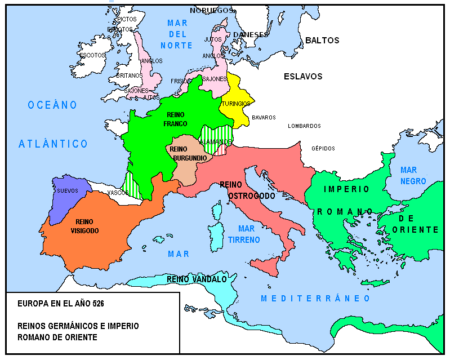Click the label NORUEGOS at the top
tap(211, 10)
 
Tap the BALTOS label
tap(322, 41)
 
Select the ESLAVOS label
tap(303, 76)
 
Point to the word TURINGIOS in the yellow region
tap(235, 104)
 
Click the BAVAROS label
tap(264, 117)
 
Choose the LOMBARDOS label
tap(304, 126)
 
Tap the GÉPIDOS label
tap(323, 148)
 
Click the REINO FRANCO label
tap(175, 119)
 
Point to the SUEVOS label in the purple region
tap(68, 190)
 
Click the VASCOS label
tap(118, 192)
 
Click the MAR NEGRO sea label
tap(412, 175)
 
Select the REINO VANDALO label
tap(197, 279)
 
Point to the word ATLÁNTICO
tap(54, 144)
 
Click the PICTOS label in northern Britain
tap(127, 19)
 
